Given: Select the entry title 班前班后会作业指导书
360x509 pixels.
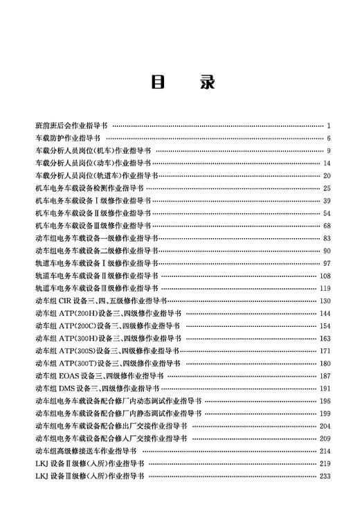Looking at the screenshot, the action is [71, 126].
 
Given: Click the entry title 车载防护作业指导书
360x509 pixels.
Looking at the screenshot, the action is [66, 139].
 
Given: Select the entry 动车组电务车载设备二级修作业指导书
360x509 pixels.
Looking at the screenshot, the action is [96, 251].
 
